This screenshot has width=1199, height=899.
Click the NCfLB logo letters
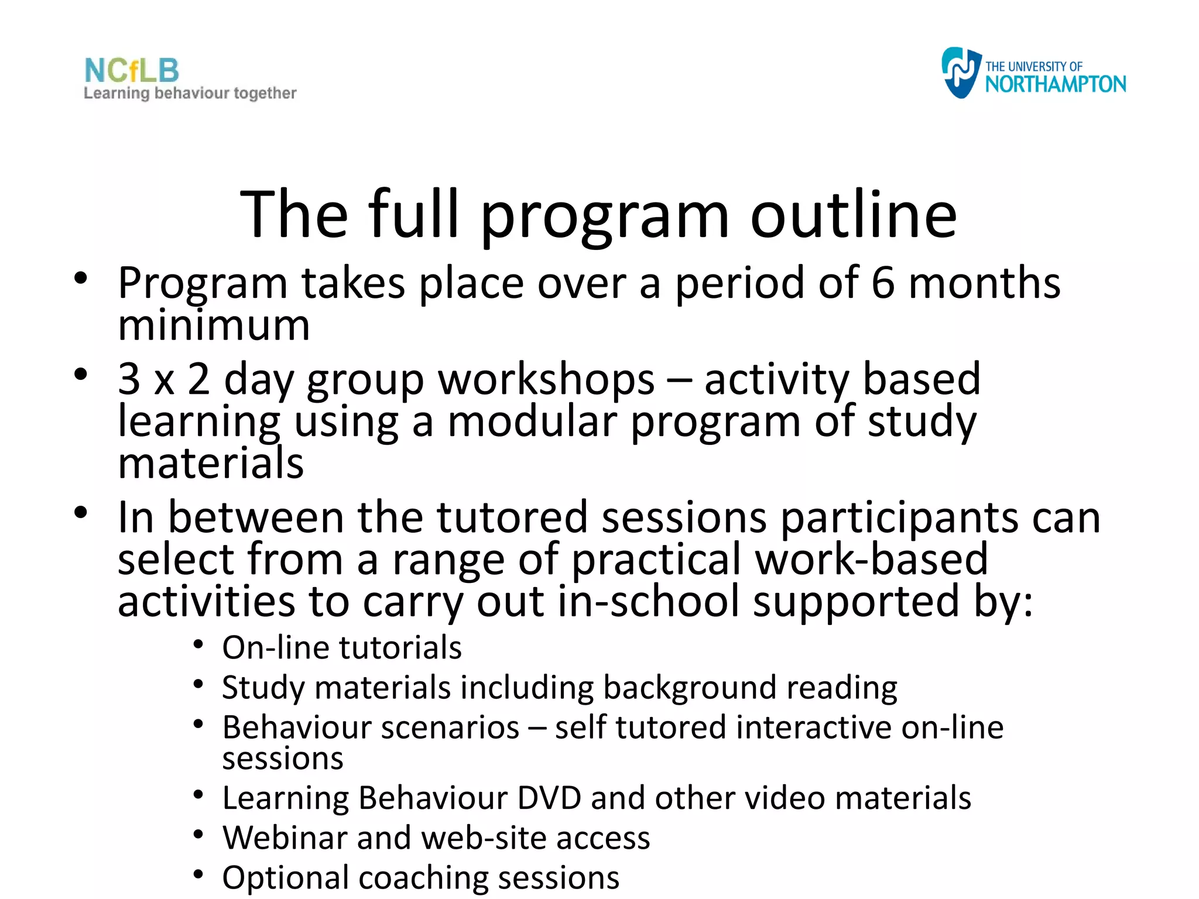[x=132, y=71]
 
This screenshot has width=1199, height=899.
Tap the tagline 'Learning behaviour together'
[x=190, y=93]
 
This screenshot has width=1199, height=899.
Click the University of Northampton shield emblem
[x=960, y=73]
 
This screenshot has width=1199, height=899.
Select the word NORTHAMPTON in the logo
[x=1055, y=84]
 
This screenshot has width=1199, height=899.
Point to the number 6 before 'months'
[x=883, y=283]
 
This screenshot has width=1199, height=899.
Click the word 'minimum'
[x=214, y=325]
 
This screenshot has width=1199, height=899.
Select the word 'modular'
[x=532, y=421]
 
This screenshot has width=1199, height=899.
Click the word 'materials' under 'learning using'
[x=211, y=463]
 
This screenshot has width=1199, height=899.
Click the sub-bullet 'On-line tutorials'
[x=342, y=648]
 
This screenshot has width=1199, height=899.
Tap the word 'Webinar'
[x=285, y=838]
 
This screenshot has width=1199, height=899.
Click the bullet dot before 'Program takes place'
[x=81, y=279]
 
